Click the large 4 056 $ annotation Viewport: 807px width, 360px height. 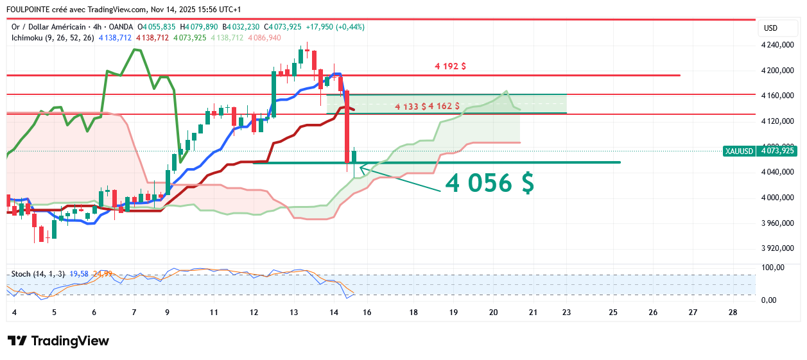[489, 184]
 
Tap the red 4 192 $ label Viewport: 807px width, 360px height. [450, 66]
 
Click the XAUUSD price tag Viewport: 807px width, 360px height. [739, 151]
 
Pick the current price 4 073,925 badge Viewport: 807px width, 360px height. [777, 151]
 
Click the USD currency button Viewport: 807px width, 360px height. [770, 28]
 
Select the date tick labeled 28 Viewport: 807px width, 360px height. [733, 313]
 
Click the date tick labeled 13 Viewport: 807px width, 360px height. [294, 313]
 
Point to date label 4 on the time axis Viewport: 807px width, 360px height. [14, 313]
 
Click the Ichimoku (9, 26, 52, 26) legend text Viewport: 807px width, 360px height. [53, 38]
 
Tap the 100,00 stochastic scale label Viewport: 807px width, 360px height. [774, 267]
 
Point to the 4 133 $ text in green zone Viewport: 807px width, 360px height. [411, 106]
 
